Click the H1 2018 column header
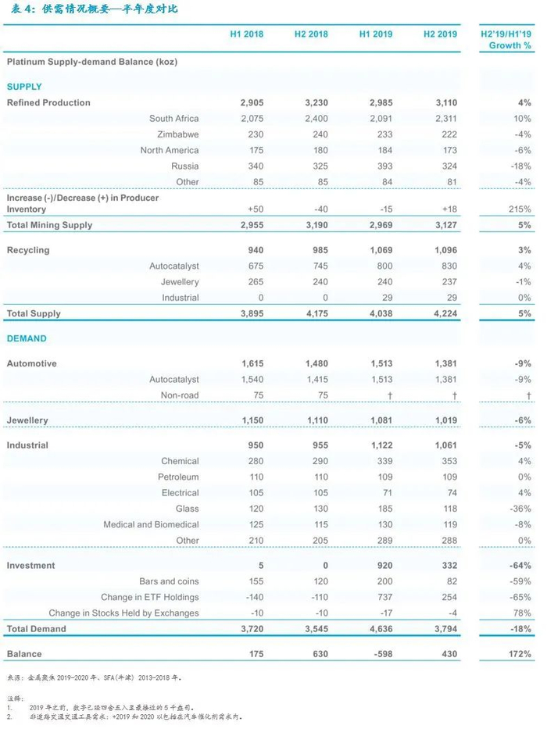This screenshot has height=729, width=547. (246, 34)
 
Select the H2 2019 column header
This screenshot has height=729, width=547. (440, 34)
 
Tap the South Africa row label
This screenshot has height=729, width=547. (173, 119)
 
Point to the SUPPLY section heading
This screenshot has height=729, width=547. (24, 87)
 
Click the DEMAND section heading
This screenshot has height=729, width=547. (27, 339)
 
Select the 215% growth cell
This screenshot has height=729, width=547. (520, 209)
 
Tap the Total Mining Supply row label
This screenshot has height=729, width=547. (49, 225)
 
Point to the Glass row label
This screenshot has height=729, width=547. (186, 509)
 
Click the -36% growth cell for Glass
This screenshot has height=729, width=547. (520, 509)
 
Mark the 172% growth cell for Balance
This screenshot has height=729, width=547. (519, 654)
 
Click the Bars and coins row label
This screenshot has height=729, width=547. (169, 581)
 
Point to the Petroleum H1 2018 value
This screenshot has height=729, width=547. (255, 477)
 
